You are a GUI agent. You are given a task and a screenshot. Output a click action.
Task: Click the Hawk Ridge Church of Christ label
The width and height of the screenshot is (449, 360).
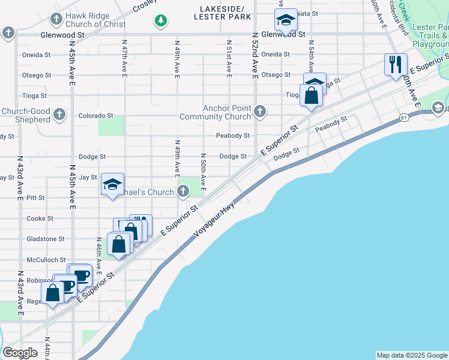point(96,20)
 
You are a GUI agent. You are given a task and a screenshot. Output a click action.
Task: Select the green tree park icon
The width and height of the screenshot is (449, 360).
point(160,21)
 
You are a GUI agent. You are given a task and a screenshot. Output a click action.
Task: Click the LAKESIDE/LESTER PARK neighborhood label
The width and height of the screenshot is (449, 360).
point(223,13)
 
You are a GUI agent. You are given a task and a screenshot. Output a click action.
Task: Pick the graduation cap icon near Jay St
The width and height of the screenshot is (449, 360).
point(112,184)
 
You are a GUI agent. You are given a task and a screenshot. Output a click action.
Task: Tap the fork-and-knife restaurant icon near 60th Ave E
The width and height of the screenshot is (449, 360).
point(395,64)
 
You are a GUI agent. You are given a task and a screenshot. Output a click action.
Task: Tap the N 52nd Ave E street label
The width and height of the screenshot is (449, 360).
point(255,58)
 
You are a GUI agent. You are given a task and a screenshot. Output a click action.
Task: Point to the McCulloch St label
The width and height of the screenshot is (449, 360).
point(46,260)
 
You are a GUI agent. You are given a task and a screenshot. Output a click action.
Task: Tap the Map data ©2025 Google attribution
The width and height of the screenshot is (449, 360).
point(411,355)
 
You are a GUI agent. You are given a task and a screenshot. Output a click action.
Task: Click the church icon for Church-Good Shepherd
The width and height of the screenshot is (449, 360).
point(59,114)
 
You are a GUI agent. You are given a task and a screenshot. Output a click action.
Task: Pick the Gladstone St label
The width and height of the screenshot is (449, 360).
point(46,239)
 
